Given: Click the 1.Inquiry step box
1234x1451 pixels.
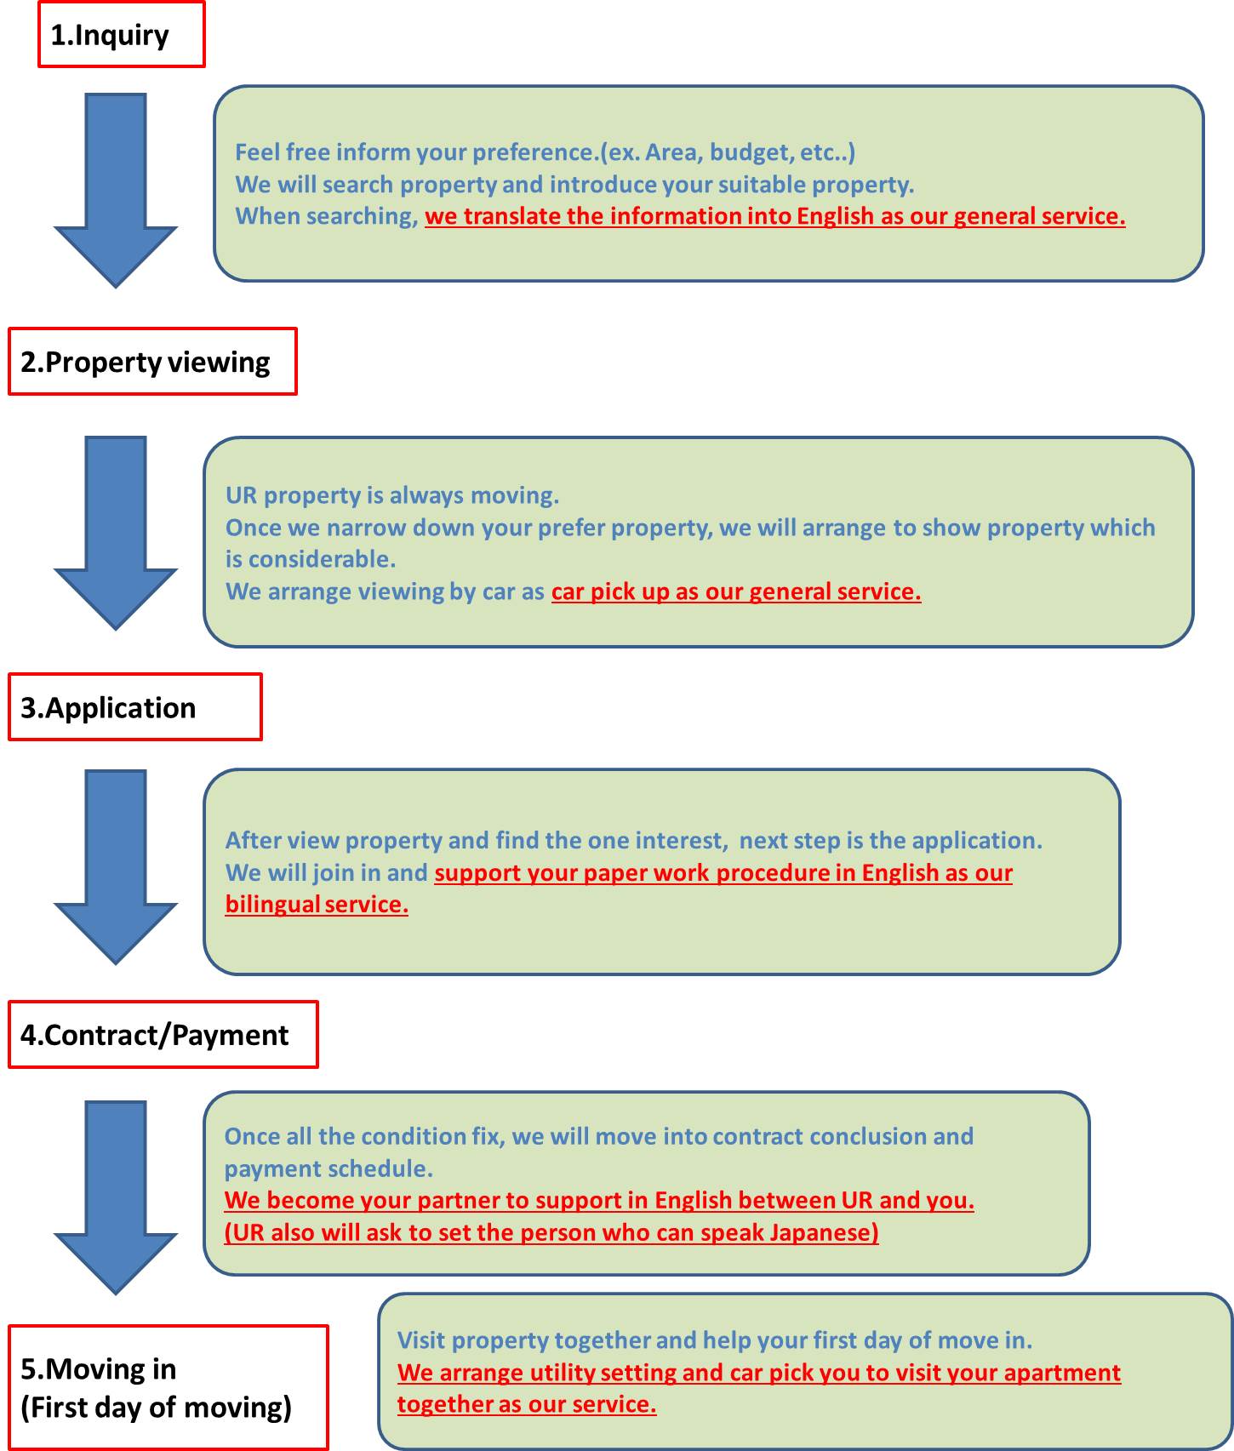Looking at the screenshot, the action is point(122,34).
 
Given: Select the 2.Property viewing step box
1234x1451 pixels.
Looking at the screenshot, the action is point(152,362).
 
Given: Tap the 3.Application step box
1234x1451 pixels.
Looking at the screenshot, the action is point(135,707).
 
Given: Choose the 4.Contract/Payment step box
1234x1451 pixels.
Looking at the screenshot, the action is point(163,1035).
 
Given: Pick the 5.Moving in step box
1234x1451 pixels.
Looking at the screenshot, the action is point(168,1387).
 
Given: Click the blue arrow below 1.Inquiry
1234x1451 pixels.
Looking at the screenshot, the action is point(116,190).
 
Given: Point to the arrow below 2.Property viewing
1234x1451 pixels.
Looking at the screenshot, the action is point(116,533).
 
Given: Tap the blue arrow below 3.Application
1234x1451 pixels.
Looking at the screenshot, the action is point(116,866).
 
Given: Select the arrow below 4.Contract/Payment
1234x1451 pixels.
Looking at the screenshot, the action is point(116,1197).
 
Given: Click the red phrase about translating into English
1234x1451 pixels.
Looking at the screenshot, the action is point(775,216).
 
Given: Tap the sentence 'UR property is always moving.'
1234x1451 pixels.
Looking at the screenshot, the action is point(392,495).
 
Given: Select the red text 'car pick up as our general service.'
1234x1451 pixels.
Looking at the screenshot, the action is point(736,591).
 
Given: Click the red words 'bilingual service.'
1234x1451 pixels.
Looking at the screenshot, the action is point(317,904).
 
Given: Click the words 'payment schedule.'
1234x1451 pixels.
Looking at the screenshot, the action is point(328,1168).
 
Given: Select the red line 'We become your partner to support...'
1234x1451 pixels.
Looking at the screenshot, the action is point(599,1200).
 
